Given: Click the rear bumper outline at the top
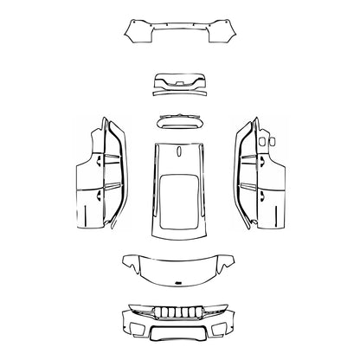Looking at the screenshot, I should pyautogui.click(x=180, y=33).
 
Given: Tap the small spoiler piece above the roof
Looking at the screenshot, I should pyautogui.click(x=180, y=120).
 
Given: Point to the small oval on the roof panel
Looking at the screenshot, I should pyautogui.click(x=179, y=149).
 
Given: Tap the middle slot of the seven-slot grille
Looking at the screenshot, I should pyautogui.click(x=180, y=312).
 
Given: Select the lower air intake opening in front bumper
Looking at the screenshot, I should pyautogui.click(x=180, y=334).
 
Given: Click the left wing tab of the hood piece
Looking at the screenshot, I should pyautogui.click(x=128, y=260).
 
